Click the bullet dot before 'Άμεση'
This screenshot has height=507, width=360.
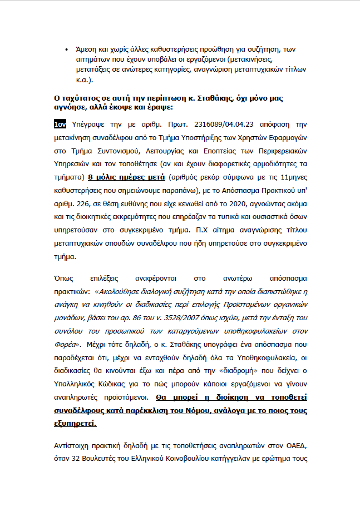click(67, 49)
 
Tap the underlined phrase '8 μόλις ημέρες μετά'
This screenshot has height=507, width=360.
click(127, 177)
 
